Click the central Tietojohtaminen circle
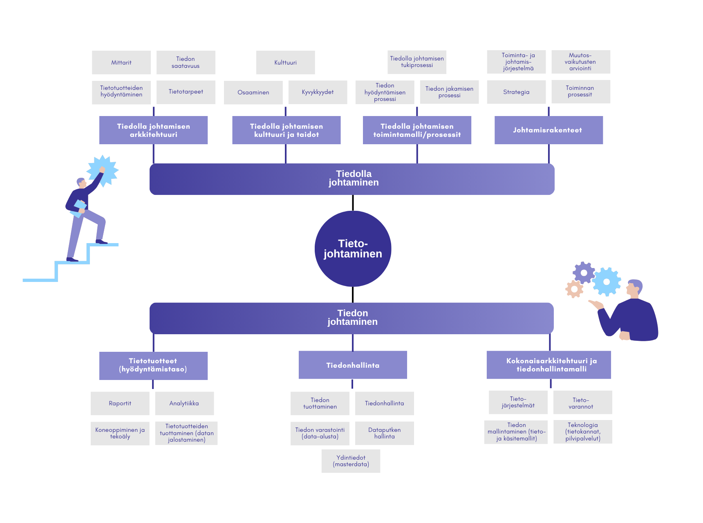click(353, 248)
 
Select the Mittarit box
click(121, 63)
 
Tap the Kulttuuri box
click(286, 63)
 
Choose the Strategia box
click(516, 92)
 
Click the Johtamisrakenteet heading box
click(549, 130)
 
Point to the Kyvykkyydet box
click(318, 92)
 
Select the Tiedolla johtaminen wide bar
click(352, 179)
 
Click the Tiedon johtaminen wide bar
click(351, 318)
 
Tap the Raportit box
click(120, 403)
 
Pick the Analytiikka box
click(184, 403)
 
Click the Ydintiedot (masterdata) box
click(351, 461)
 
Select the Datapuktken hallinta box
click(385, 433)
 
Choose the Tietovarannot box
click(583, 402)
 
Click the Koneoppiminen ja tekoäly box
click(120, 433)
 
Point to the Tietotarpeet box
click(186, 92)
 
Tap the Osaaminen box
click(253, 92)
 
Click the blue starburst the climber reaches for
click(103, 171)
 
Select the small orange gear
click(574, 289)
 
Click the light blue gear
click(607, 282)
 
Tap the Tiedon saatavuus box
click(186, 63)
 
